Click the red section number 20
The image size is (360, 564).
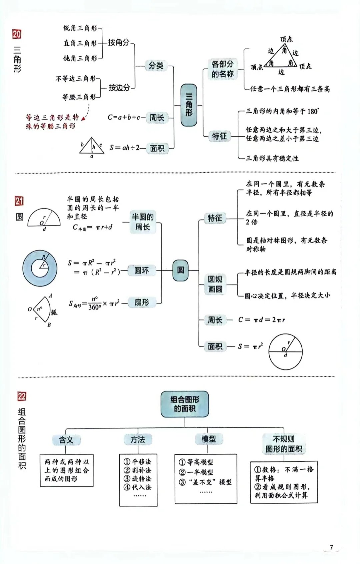(17, 34)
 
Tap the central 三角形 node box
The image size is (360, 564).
(189, 105)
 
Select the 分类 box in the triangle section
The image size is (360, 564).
(156, 65)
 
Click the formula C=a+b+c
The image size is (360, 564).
(124, 117)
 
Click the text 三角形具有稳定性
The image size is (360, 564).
(272, 159)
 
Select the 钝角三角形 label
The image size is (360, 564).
(80, 58)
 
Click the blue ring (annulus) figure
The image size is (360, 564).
(40, 268)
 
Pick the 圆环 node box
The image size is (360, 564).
(142, 271)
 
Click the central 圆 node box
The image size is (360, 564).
(180, 270)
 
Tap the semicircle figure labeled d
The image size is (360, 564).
(44, 218)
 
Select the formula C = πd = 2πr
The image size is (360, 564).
(261, 320)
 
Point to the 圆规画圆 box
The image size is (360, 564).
(215, 284)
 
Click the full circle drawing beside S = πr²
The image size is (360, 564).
(285, 352)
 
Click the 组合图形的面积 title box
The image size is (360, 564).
(185, 404)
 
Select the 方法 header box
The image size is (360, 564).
(138, 440)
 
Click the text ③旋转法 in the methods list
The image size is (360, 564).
(137, 479)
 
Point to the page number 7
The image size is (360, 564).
(331, 547)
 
